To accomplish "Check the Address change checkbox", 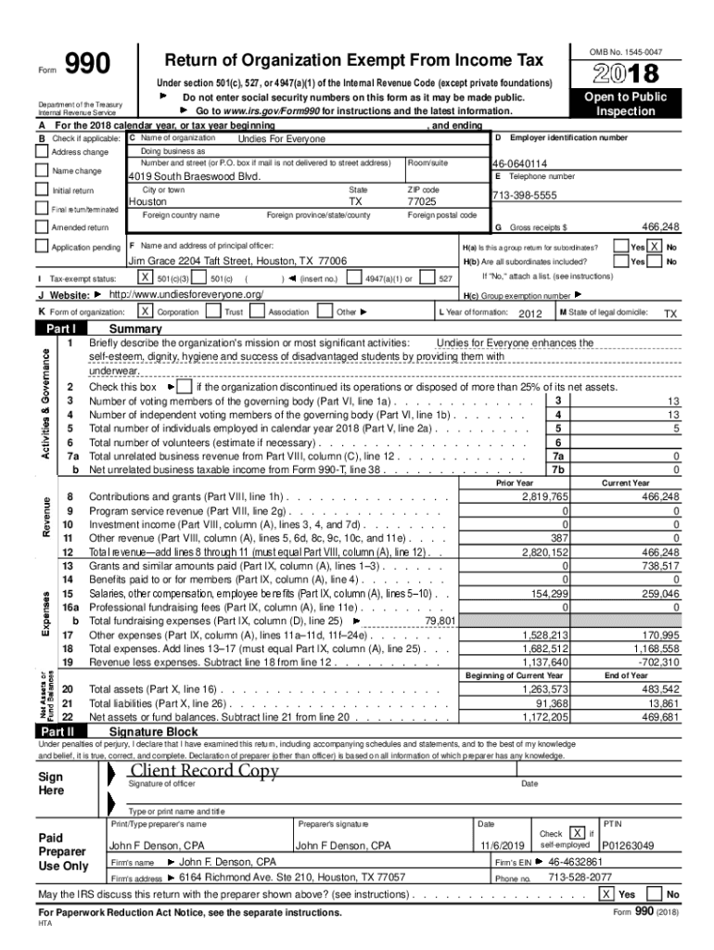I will pyautogui.click(x=41, y=152).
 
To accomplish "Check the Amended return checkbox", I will pyautogui.click(x=41, y=227).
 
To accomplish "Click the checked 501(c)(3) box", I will pyautogui.click(x=145, y=277).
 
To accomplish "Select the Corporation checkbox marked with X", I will pyautogui.click(x=145, y=313).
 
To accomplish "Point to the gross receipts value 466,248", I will pyautogui.click(x=660, y=226).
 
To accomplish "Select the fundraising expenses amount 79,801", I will pyautogui.click(x=439, y=621).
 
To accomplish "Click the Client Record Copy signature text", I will pyautogui.click(x=204, y=772).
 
